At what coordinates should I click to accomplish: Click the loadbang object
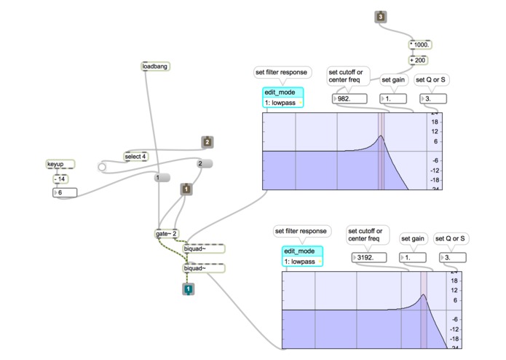[x=155, y=66]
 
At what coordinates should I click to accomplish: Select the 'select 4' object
[x=136, y=156]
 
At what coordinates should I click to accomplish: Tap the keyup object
[x=60, y=165]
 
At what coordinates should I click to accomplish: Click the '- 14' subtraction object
[x=60, y=179]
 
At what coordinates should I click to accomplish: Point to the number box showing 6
[x=65, y=192]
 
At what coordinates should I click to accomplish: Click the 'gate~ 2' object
[x=167, y=234]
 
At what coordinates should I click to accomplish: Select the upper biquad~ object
[x=203, y=249]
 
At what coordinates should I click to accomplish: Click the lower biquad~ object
[x=203, y=268]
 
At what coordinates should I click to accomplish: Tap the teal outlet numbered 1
[x=188, y=290]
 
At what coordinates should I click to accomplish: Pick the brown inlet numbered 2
[x=207, y=142]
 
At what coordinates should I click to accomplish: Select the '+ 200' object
[x=418, y=60]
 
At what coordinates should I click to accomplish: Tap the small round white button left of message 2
[x=102, y=168]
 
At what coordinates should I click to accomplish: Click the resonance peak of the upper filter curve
[x=381, y=136]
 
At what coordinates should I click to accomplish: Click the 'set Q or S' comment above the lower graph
[x=451, y=238]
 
